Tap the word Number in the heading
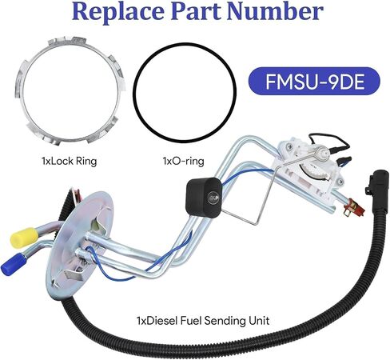click(x=276, y=10)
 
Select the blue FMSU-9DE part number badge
click(x=314, y=81)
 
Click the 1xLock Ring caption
click(x=70, y=161)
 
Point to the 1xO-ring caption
click(x=184, y=161)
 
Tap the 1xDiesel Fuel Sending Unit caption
click(x=203, y=320)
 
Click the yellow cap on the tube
click(x=24, y=237)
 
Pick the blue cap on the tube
click(x=14, y=263)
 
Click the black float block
click(x=204, y=197)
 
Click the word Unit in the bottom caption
click(x=259, y=320)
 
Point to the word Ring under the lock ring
click(x=86, y=162)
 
